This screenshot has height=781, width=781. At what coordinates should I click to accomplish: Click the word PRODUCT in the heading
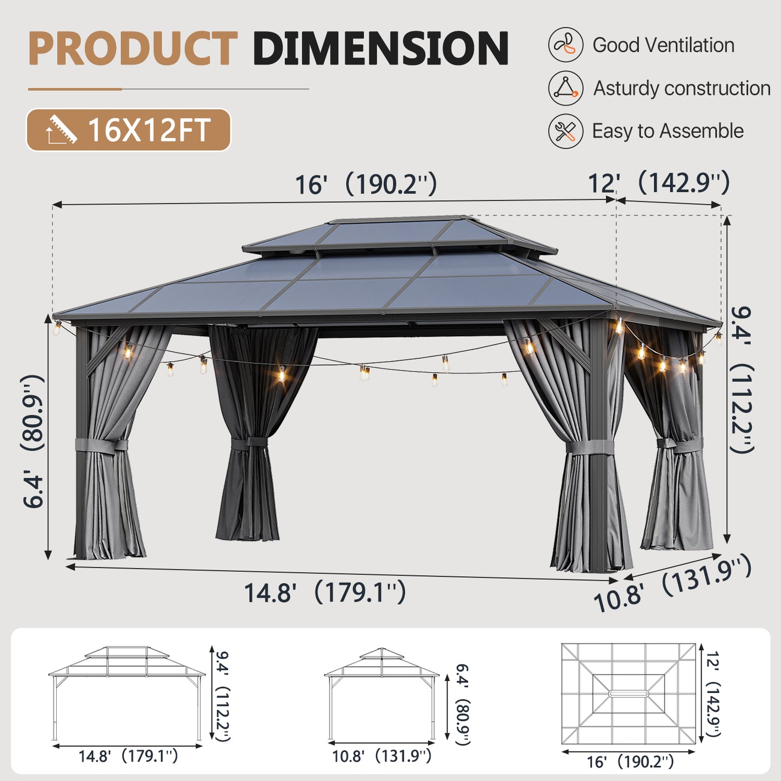pyautogui.click(x=132, y=49)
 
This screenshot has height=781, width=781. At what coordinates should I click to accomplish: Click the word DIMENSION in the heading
pyautogui.click(x=381, y=49)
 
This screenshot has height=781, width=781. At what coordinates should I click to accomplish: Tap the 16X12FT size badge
pyautogui.click(x=129, y=130)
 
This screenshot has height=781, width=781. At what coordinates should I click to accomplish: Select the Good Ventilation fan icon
pyautogui.click(x=565, y=45)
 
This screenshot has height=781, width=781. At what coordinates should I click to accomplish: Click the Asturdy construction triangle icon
pyautogui.click(x=565, y=88)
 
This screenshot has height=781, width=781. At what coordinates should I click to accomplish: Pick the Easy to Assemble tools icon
pyautogui.click(x=565, y=131)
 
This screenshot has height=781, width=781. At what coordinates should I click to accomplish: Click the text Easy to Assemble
pyautogui.click(x=667, y=131)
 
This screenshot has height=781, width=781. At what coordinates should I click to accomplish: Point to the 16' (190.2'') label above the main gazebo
pyautogui.click(x=365, y=184)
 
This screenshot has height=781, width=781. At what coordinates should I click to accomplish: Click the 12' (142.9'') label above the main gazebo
pyautogui.click(x=658, y=183)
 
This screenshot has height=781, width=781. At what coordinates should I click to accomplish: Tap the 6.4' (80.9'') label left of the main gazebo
pyautogui.click(x=34, y=440)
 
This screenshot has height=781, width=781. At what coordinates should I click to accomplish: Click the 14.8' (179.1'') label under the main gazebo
pyautogui.click(x=325, y=592)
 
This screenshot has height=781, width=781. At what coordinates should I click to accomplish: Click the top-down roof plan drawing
pyautogui.click(x=628, y=693)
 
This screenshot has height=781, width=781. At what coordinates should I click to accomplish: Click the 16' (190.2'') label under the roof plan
pyautogui.click(x=630, y=762)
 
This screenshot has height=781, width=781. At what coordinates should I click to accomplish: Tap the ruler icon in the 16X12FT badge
pyautogui.click(x=61, y=130)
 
